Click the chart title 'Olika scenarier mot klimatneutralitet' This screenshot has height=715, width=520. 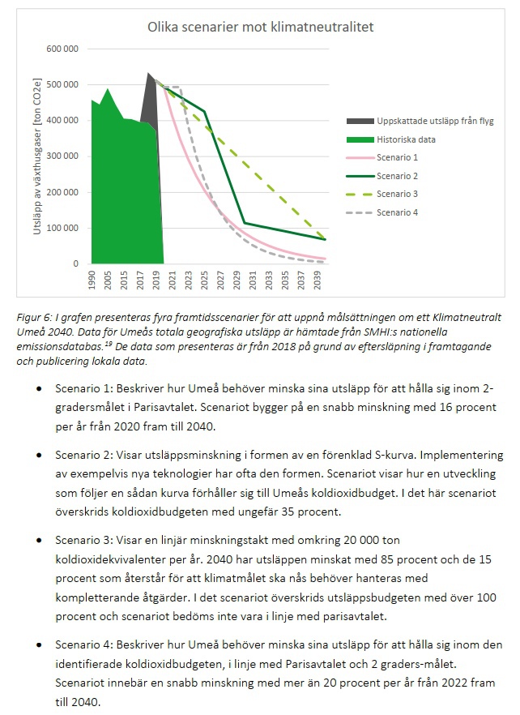[x=260, y=27]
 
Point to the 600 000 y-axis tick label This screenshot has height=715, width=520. [x=62, y=49]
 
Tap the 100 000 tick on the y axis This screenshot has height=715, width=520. [x=62, y=228]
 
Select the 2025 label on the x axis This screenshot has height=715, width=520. [x=204, y=280]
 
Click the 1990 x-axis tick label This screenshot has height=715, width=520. [x=92, y=280]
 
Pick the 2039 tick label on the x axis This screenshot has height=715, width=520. [x=318, y=280]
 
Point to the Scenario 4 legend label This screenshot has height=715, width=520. [x=397, y=212]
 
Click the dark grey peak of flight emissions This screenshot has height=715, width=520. [x=148, y=73]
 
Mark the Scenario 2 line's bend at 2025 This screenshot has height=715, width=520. [x=205, y=111]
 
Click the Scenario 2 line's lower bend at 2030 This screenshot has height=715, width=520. [x=245, y=223]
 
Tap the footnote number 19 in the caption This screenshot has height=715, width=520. [x=109, y=344]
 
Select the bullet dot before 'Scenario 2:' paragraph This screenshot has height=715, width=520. [x=40, y=455]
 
